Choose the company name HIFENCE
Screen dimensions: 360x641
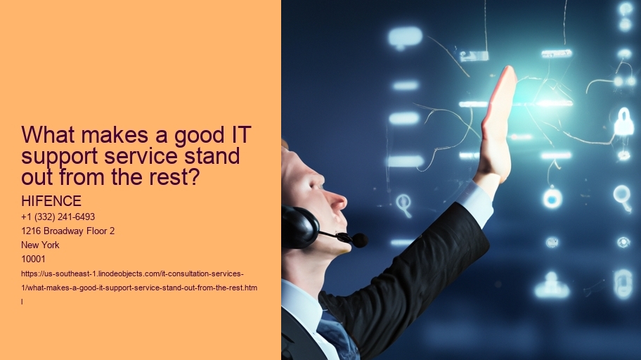click(51, 202)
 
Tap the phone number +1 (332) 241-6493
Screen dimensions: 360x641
click(58, 217)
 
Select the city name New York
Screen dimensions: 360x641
click(41, 245)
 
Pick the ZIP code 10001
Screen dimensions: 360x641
click(34, 259)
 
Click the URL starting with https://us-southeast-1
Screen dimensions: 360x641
click(133, 273)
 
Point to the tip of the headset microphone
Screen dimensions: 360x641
click(359, 240)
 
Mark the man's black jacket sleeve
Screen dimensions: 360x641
click(436, 253)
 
